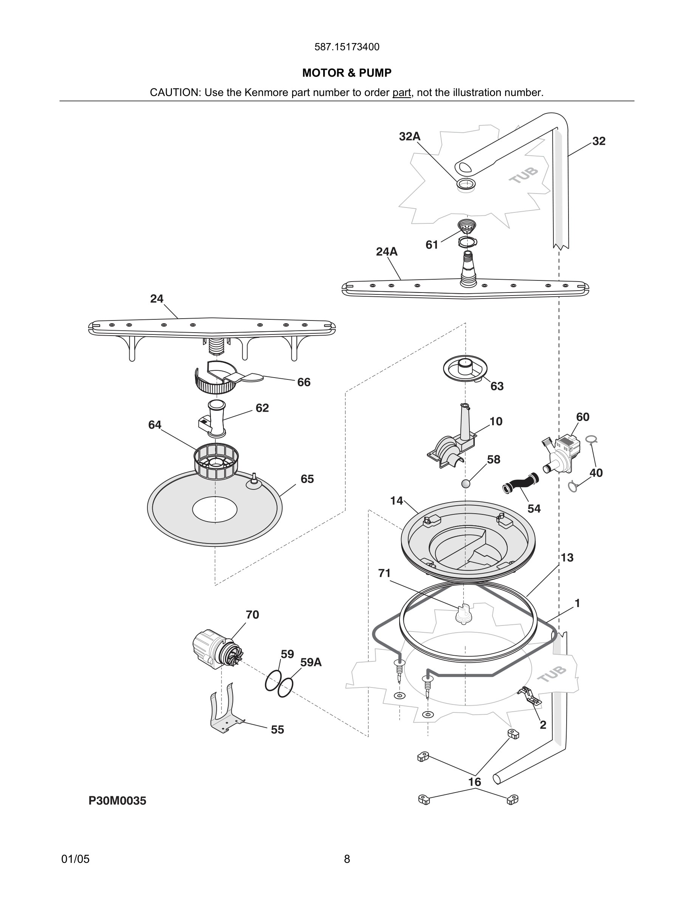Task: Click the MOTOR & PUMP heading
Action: pos(347,73)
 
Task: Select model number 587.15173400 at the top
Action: pos(347,47)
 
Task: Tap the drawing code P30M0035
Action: pos(117,800)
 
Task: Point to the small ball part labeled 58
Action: pos(465,483)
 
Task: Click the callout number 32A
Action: pos(409,136)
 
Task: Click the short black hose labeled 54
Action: pos(520,483)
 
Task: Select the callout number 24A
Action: pos(386,252)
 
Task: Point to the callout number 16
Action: pos(474,782)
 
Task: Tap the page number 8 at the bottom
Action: pos(347,859)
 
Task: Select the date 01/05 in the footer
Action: pos(75,859)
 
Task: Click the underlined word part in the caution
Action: pos(401,93)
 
